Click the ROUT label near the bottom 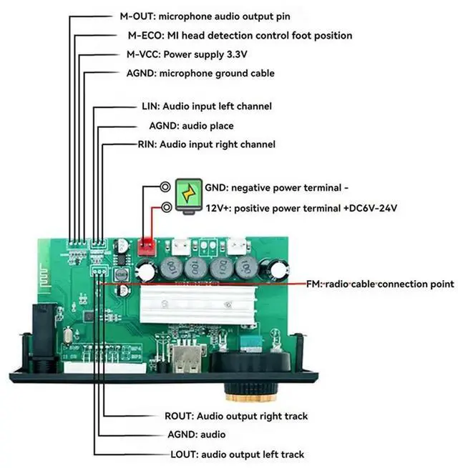click(x=179, y=416)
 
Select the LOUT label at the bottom click(x=180, y=454)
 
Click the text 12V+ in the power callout click(x=217, y=208)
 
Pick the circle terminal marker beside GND click(x=165, y=187)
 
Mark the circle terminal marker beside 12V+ click(x=167, y=208)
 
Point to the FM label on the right click(x=314, y=284)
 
